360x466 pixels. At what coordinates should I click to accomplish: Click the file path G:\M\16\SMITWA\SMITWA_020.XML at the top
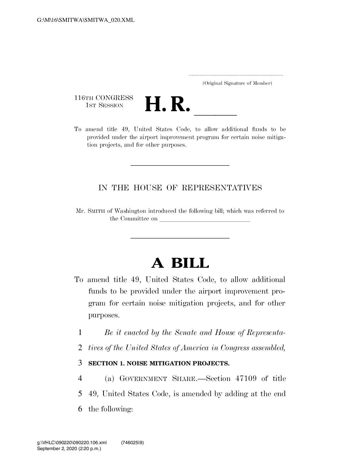coord(86,20)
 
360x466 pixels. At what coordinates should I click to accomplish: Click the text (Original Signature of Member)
coord(237,83)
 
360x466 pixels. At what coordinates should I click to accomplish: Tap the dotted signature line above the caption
coord(236,75)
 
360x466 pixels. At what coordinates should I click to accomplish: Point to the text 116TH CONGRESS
coord(104,98)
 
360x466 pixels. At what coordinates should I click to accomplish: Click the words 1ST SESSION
coord(104,106)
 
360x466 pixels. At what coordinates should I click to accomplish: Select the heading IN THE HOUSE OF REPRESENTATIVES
coord(180,188)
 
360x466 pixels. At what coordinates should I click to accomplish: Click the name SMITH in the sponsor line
coord(97,211)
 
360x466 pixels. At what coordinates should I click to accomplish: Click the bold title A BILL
coord(180,263)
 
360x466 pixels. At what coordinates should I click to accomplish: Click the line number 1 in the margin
coord(80,332)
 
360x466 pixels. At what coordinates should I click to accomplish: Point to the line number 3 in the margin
coord(80,363)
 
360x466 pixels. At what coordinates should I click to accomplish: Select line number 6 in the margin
coord(80,409)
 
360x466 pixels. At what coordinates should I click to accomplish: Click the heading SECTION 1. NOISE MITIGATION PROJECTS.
coord(159,363)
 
